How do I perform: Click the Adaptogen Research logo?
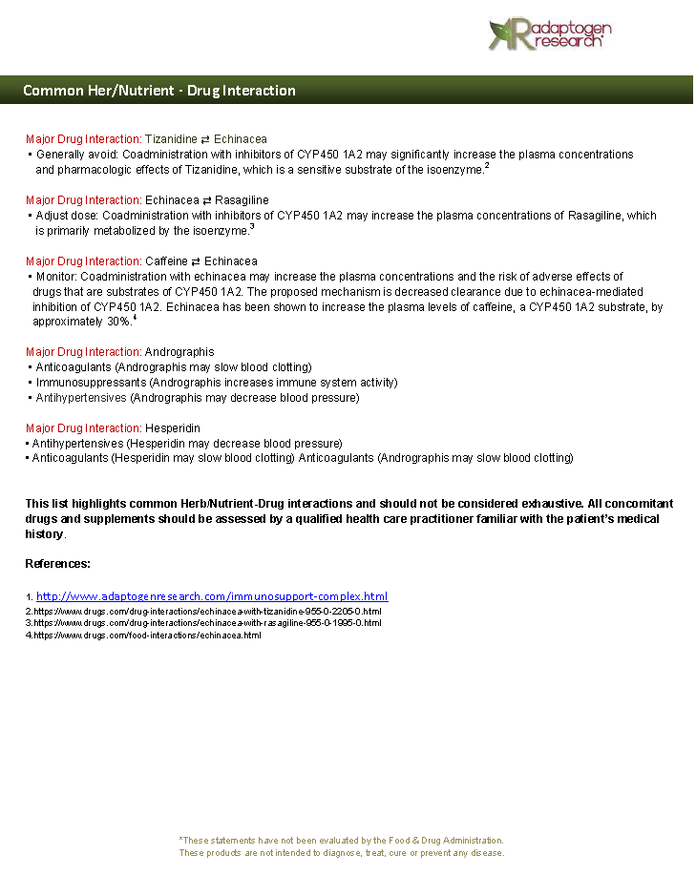(x=549, y=34)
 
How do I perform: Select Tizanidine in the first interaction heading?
(x=171, y=139)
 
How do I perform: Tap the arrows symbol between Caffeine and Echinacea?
(x=196, y=261)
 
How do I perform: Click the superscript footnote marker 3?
(x=251, y=227)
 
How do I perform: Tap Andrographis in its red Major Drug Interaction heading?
(x=179, y=352)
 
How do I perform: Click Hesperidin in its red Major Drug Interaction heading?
(x=173, y=428)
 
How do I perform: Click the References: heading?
(x=57, y=564)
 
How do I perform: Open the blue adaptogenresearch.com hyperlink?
(x=212, y=596)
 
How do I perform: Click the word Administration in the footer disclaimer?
(x=473, y=840)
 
